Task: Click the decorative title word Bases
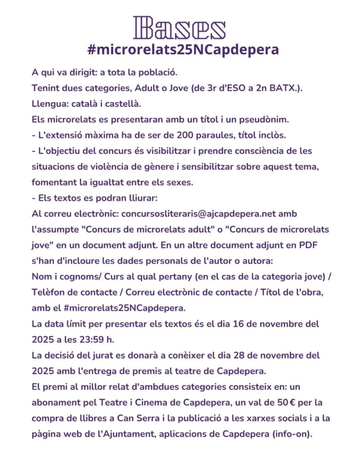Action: (x=179, y=28)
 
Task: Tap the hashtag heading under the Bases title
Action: (x=183, y=49)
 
